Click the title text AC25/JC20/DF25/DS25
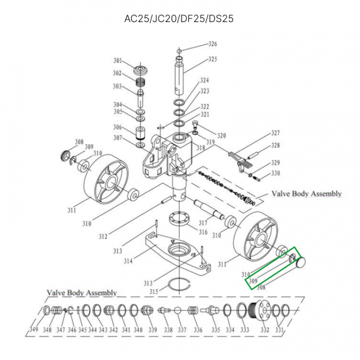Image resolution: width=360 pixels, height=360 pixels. point(179,19)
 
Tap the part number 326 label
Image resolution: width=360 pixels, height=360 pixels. point(213,44)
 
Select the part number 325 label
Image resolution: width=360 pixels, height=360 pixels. point(213,59)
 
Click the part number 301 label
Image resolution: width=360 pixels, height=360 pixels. point(117,61)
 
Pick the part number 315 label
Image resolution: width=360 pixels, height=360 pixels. point(153,291)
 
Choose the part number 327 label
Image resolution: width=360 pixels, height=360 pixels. point(275,133)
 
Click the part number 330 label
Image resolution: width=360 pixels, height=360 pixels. point(275,173)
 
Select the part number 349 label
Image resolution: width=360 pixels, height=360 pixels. point(33,329)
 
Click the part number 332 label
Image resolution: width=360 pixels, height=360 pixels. point(264,329)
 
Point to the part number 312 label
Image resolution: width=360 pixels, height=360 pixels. point(102,236)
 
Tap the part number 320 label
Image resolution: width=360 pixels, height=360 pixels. point(221,135)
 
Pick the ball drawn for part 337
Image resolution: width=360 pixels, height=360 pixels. point(177,311)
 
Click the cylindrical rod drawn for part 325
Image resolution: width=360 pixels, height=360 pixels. point(180,75)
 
